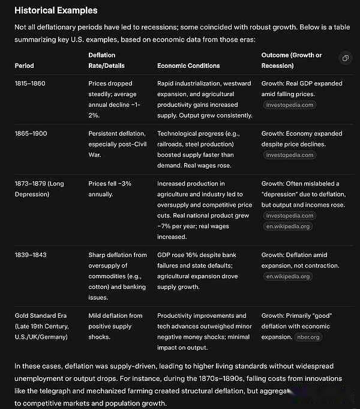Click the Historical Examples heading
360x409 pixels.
coord(56,10)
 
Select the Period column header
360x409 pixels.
coord(25,65)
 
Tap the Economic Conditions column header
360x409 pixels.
coord(188,65)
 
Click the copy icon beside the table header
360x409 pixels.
coord(345,58)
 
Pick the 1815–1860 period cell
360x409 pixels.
coord(30,83)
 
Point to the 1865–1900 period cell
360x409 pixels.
coord(30,133)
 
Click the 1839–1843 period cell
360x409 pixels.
coord(30,255)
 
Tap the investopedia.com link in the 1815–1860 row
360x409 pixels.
coord(289,105)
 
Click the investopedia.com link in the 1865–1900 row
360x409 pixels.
coord(289,155)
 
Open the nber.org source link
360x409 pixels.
coord(308,337)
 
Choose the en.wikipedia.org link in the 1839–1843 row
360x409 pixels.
coord(288,276)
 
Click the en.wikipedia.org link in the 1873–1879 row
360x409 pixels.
coord(288,226)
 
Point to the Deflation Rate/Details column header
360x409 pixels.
coord(107,60)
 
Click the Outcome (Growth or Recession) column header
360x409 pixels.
coord(291,60)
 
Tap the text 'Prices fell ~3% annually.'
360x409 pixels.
coord(109,189)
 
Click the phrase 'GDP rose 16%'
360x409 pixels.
coord(178,255)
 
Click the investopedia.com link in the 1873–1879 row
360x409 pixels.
coord(289,216)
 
